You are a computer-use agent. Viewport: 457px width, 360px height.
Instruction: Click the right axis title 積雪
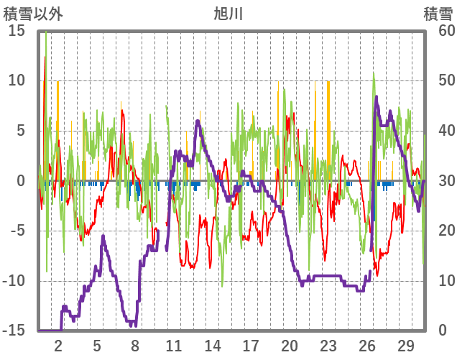[438, 14]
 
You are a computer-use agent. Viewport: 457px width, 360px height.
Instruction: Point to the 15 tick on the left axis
[17, 31]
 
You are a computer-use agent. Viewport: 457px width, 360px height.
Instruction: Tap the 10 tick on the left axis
[17, 80]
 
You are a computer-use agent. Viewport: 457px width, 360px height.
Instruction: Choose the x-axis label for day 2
[59, 344]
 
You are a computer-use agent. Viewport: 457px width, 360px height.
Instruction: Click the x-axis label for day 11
[174, 344]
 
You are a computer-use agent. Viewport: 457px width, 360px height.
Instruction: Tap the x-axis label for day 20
[290, 344]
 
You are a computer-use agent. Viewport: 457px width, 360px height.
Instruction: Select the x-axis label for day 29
[405, 344]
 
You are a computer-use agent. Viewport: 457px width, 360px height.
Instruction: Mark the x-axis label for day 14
[213, 344]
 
